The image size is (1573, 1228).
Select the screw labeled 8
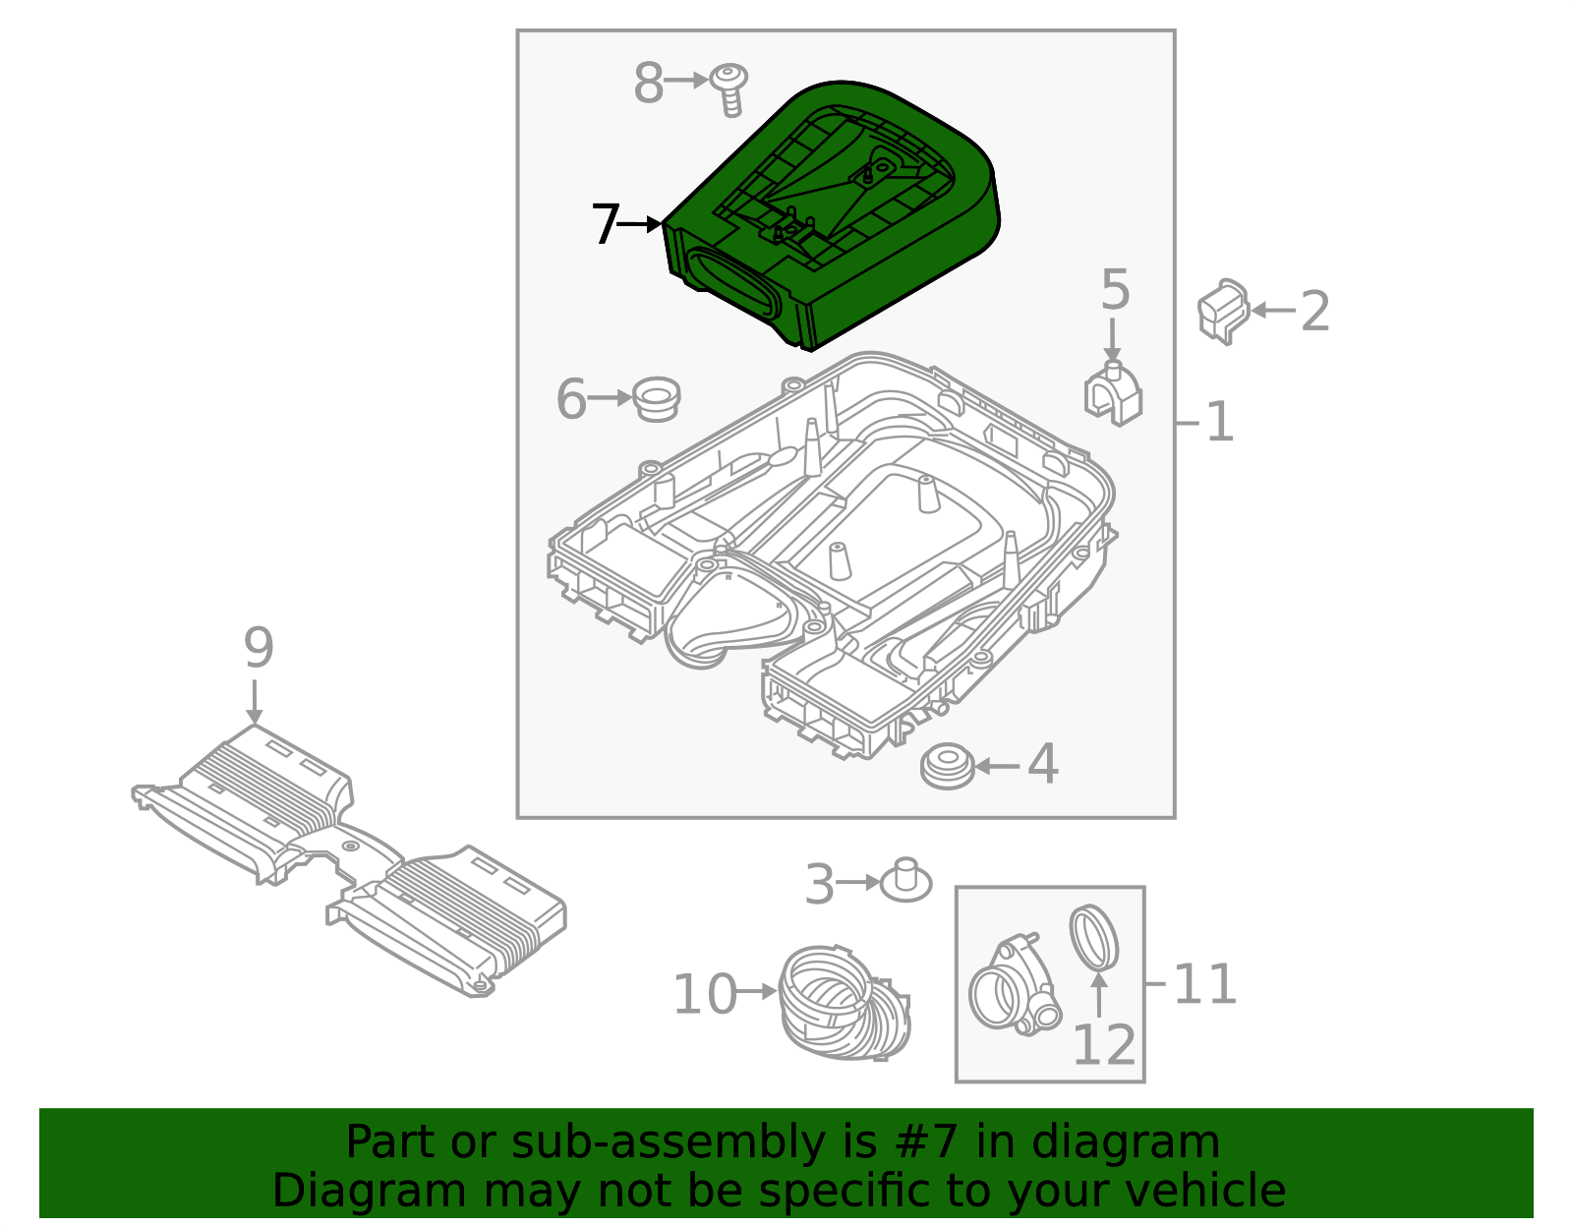click(x=729, y=88)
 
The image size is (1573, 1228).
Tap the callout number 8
click(x=649, y=83)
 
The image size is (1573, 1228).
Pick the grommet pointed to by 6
click(x=656, y=398)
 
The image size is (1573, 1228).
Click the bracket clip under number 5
click(x=1113, y=394)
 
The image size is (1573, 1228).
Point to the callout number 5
click(x=1115, y=290)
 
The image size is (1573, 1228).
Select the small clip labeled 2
click(x=1223, y=311)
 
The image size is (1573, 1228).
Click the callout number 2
click(x=1315, y=312)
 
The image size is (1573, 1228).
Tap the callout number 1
click(x=1219, y=423)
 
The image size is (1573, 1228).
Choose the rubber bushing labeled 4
click(x=948, y=766)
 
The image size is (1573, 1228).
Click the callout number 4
click(x=1043, y=765)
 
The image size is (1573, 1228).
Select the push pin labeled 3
click(x=905, y=880)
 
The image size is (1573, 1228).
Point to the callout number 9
click(x=258, y=649)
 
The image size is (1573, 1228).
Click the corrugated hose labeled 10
click(x=844, y=1003)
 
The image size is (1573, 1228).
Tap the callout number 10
click(x=704, y=994)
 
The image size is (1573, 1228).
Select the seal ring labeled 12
click(x=1093, y=937)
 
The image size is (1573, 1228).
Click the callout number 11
click(x=1205, y=984)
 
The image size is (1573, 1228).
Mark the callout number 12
click(x=1103, y=1045)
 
